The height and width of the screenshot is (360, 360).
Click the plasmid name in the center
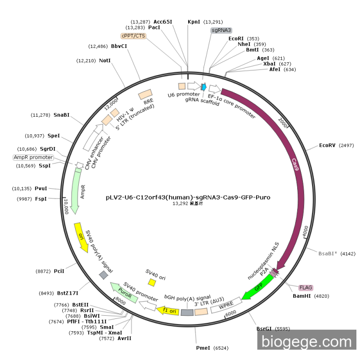pyautogui.click(x=188, y=197)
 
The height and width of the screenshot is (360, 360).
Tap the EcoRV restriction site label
pyautogui.click(x=327, y=146)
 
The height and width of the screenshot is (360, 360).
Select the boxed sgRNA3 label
pyautogui.click(x=221, y=30)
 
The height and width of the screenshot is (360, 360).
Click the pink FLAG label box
pyautogui.click(x=305, y=287)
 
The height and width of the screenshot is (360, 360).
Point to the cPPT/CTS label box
pyautogui.click(x=133, y=35)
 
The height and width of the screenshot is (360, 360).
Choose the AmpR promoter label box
pyautogui.click(x=33, y=157)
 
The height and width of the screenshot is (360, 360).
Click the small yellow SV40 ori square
pyautogui.click(x=152, y=282)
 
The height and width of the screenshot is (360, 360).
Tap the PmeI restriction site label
pyautogui.click(x=203, y=348)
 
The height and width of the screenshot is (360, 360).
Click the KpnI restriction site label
pyautogui.click(x=194, y=22)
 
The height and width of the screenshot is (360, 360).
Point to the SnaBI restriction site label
pyautogui.click(x=62, y=115)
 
